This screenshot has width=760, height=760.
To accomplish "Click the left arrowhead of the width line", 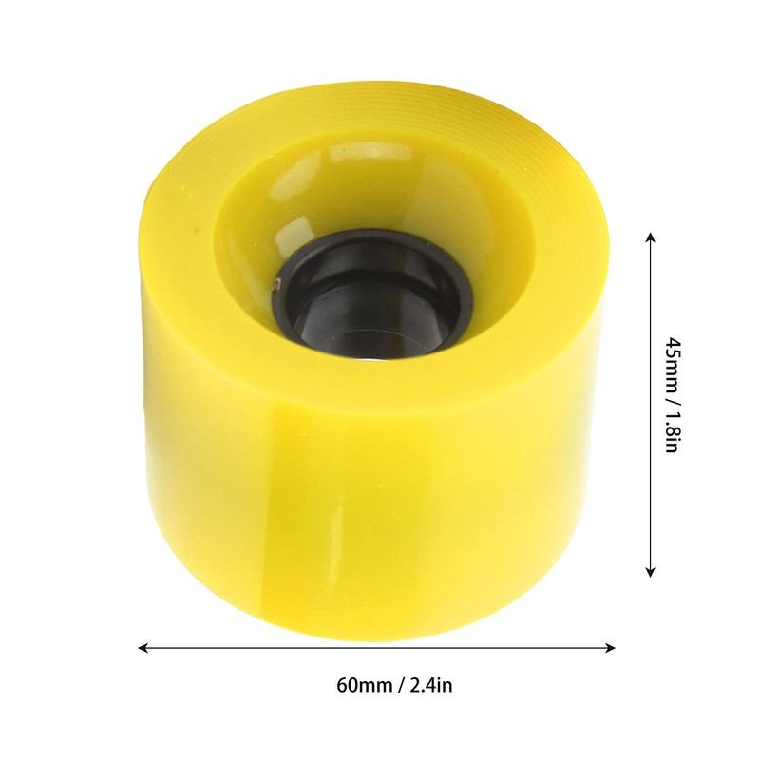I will click(143, 648).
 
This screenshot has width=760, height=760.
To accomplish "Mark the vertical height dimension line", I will click(650, 404).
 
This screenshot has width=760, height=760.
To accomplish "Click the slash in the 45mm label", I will click(670, 394).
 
